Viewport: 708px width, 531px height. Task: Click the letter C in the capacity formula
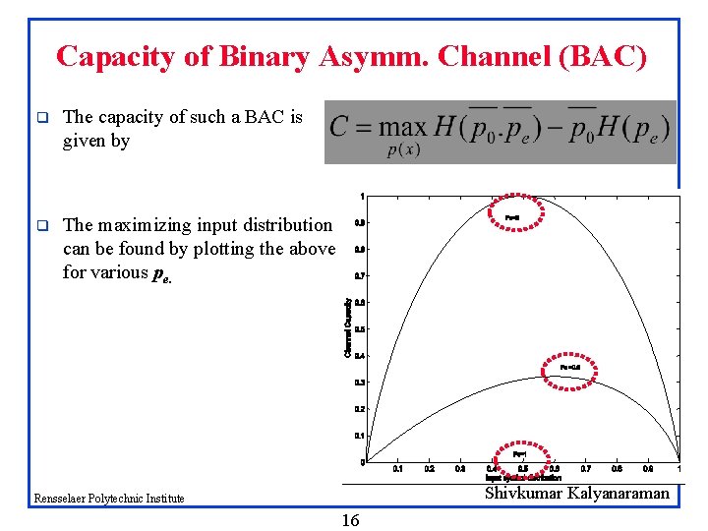coord(339,128)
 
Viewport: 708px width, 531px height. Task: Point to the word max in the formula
coord(403,128)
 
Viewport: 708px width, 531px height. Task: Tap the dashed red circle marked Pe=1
coord(520,454)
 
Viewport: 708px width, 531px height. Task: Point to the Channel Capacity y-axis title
coord(347,327)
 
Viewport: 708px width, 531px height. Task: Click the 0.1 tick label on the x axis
coord(398,470)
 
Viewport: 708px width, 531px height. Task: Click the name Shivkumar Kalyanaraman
coord(576,494)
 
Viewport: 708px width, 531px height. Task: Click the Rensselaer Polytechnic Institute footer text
coord(108,499)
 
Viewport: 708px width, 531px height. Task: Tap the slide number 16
coord(350,520)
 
